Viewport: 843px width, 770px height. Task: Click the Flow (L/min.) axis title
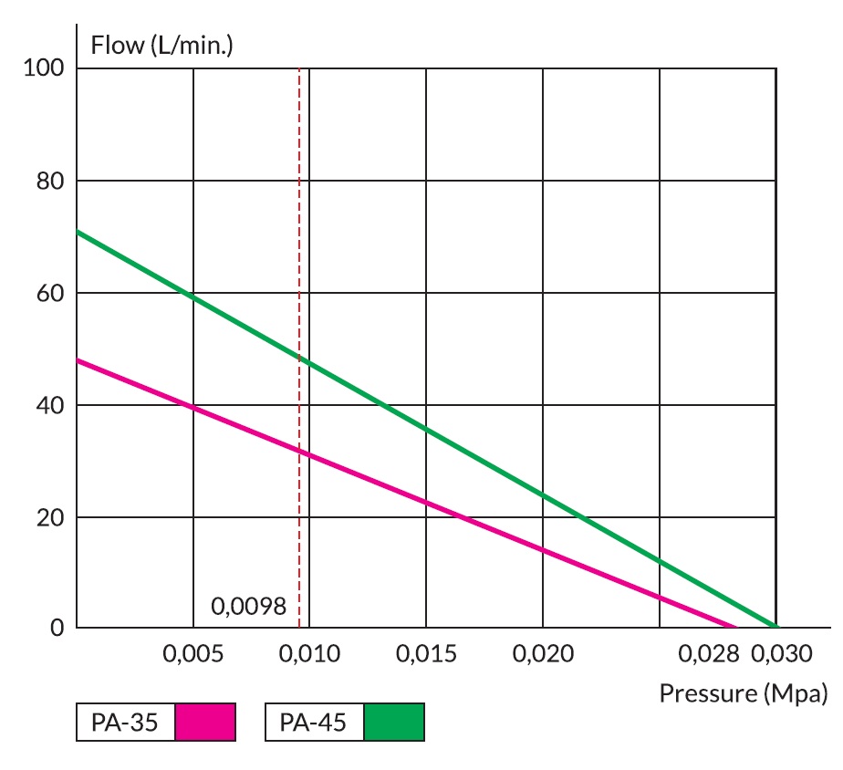(161, 44)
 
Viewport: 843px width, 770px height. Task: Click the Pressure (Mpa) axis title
(744, 693)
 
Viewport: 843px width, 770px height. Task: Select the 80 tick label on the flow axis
(50, 182)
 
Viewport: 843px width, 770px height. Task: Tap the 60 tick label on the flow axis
(50, 294)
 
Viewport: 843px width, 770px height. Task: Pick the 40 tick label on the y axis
(50, 406)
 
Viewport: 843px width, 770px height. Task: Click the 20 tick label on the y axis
(50, 518)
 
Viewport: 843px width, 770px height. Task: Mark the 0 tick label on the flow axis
(57, 629)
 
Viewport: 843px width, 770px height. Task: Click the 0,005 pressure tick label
(193, 654)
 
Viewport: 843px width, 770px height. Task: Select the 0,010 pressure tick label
(309, 654)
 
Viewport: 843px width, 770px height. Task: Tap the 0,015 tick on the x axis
(426, 654)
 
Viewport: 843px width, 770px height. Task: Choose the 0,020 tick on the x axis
(543, 654)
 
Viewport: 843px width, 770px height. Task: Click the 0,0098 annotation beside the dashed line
(249, 606)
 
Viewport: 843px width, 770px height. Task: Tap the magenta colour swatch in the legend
(205, 723)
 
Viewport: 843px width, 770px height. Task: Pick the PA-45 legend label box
(314, 723)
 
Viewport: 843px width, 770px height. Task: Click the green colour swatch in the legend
(394, 723)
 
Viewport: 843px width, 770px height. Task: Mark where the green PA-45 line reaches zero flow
(775, 627)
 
